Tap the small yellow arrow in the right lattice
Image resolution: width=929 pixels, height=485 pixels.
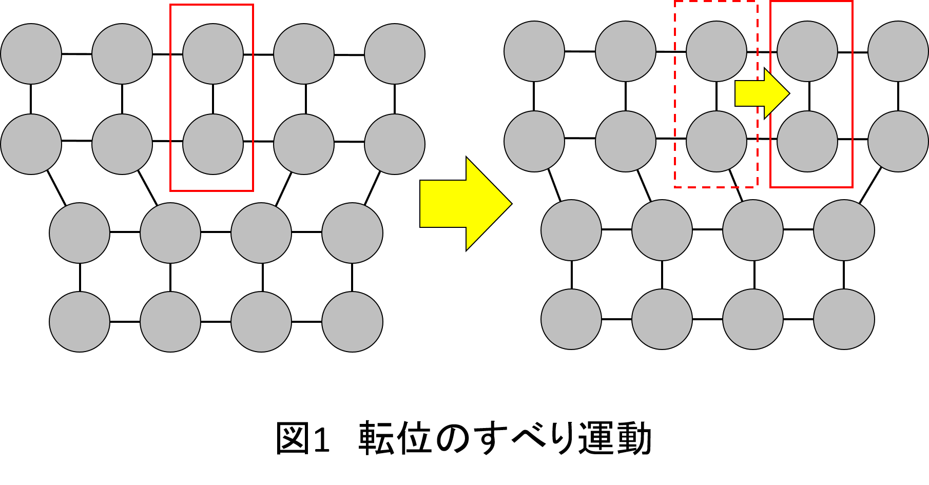(x=762, y=93)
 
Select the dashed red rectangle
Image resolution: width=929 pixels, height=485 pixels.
(x=675, y=94)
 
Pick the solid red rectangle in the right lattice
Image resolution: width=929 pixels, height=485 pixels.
(x=770, y=94)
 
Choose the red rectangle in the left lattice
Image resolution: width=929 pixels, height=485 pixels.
(x=170, y=98)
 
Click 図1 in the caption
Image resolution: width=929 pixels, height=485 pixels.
(x=302, y=438)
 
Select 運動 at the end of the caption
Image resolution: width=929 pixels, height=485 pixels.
(x=615, y=438)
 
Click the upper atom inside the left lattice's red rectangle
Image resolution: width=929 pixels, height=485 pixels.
(x=213, y=54)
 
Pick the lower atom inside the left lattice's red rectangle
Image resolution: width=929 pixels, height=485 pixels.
(x=213, y=144)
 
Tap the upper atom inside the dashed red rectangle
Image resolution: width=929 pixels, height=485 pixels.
(x=717, y=51)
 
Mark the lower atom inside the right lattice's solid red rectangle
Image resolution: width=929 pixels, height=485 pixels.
(x=807, y=141)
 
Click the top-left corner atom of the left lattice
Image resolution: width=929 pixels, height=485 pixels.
(x=31, y=54)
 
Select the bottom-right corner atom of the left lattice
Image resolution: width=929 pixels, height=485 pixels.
(x=352, y=322)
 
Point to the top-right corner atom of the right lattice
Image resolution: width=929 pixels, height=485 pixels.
(x=898, y=51)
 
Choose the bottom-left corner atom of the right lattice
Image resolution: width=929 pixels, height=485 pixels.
(x=571, y=319)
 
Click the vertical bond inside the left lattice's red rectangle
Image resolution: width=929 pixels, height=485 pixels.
(x=213, y=99)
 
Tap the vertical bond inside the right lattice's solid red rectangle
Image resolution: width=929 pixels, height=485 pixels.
(x=809, y=96)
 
